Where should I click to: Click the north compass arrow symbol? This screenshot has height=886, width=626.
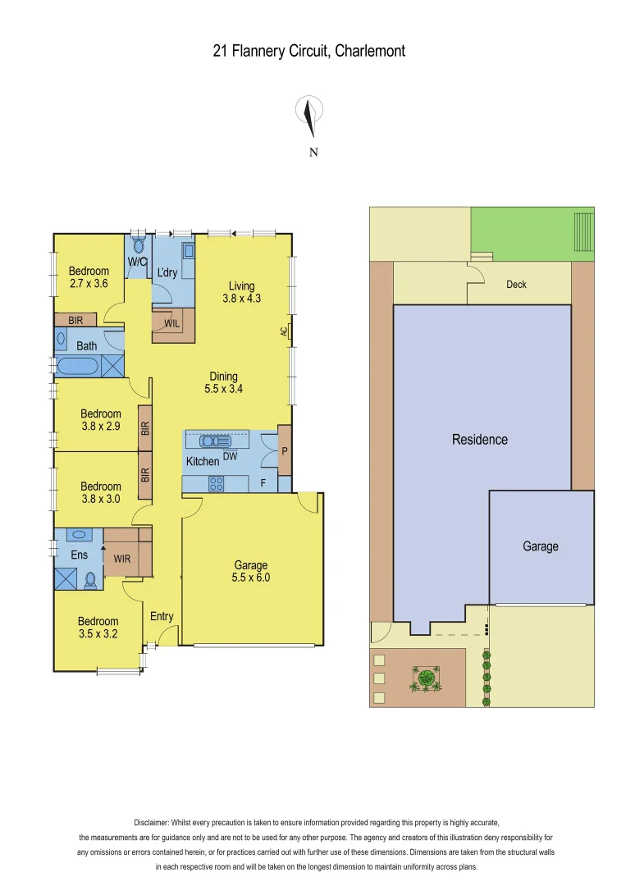tap(309, 117)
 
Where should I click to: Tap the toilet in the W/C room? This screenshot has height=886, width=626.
tap(138, 244)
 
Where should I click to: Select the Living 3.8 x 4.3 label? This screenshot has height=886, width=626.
tap(241, 292)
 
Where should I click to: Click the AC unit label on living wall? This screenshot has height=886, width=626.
tap(285, 331)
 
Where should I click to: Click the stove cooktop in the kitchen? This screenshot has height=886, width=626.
tap(216, 483)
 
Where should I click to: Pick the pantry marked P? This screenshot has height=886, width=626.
tap(284, 450)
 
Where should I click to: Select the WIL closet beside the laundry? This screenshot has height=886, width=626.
tap(172, 324)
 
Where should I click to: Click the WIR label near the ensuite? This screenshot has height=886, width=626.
tap(122, 559)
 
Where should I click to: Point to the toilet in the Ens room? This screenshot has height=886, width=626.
tap(90, 580)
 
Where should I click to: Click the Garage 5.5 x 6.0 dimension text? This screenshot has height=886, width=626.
tap(251, 571)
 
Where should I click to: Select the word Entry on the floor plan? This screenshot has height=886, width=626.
tap(162, 616)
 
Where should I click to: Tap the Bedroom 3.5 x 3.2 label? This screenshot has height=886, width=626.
tap(98, 628)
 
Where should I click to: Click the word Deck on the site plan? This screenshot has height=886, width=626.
tap(516, 285)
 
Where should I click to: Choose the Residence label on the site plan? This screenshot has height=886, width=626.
tap(480, 440)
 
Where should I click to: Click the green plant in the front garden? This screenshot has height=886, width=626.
tap(425, 678)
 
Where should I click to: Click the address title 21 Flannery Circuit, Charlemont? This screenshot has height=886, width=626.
tap(309, 51)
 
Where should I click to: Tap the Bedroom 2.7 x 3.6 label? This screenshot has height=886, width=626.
tap(89, 278)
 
